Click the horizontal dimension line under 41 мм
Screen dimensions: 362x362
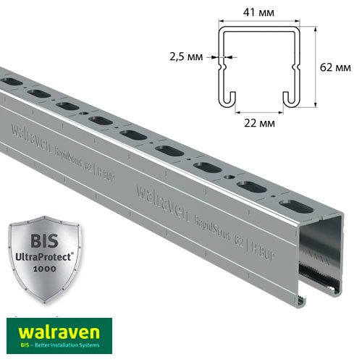click(260, 20)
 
